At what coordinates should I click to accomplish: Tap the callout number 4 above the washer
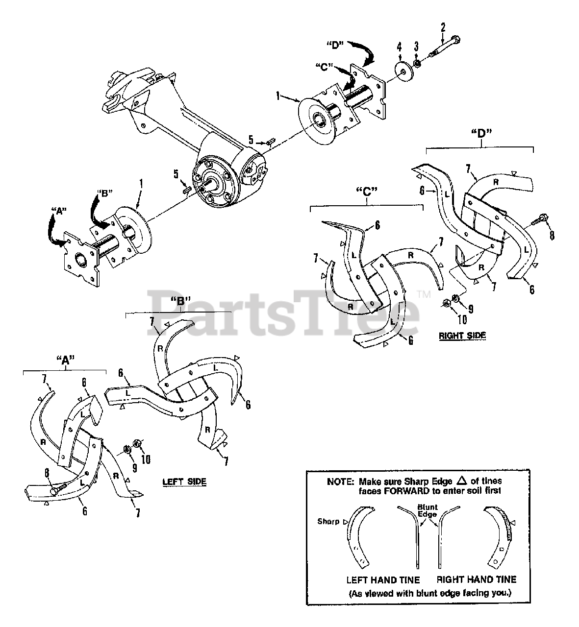click(400, 48)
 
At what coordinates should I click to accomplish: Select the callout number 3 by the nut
click(416, 47)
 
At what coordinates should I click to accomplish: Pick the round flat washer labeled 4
click(404, 72)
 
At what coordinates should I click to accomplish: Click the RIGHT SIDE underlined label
click(462, 335)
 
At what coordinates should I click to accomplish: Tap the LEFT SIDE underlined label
click(184, 482)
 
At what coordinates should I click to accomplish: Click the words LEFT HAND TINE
click(383, 580)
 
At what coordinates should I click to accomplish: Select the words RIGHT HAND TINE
click(477, 579)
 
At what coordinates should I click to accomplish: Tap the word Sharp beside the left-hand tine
click(328, 521)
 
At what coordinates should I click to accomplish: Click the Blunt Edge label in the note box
click(428, 510)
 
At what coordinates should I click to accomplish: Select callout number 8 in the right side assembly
click(552, 236)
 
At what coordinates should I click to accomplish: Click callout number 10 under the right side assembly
click(462, 320)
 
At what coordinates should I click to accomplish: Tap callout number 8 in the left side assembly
click(47, 473)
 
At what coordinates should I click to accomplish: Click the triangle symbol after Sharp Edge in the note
click(462, 481)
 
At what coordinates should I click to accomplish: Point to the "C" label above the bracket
click(367, 193)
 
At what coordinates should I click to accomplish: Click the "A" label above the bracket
click(65, 360)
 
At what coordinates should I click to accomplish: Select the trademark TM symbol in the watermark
click(424, 294)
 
